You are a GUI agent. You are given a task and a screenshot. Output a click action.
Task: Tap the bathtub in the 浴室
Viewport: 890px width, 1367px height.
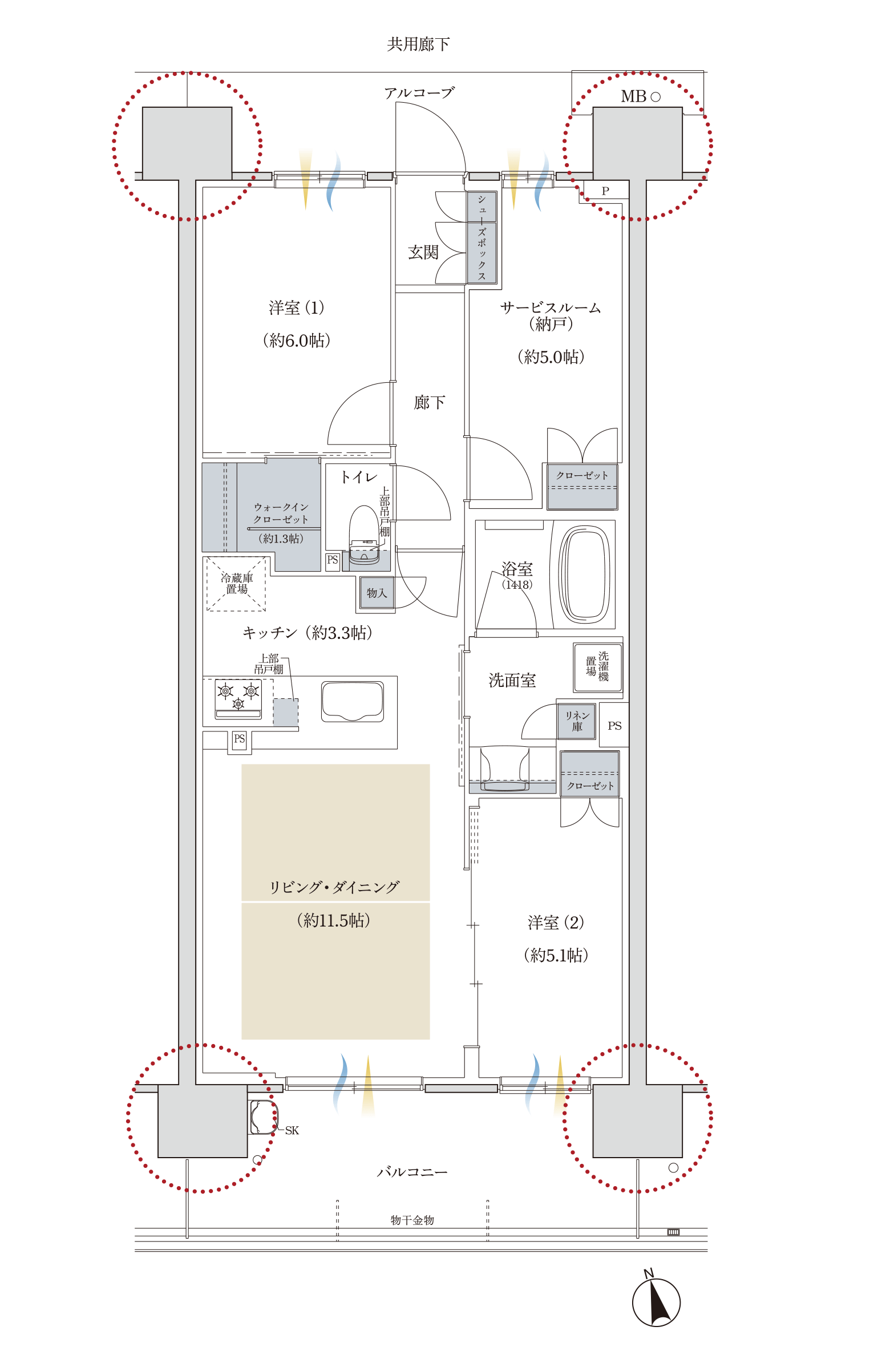pyautogui.click(x=584, y=575)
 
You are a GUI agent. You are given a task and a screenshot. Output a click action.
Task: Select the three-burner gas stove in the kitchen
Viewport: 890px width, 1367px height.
pyautogui.click(x=238, y=698)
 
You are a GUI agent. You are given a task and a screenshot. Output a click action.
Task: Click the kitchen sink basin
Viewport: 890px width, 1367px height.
pyautogui.click(x=352, y=701)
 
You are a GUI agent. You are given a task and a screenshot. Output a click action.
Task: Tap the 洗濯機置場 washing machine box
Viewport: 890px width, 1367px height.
pyautogui.click(x=597, y=667)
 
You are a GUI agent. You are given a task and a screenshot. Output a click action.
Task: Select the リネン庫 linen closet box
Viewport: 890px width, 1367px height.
pyautogui.click(x=576, y=721)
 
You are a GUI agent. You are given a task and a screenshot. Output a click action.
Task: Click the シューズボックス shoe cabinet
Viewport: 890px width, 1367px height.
pyautogui.click(x=481, y=237)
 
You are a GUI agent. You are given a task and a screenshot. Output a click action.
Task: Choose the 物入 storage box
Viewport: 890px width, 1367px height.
pyautogui.click(x=377, y=593)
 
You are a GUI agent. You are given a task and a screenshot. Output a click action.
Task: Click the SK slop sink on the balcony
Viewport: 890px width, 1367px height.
pyautogui.click(x=263, y=1117)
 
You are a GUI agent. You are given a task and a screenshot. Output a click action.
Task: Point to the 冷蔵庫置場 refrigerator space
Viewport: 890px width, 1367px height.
pyautogui.click(x=236, y=584)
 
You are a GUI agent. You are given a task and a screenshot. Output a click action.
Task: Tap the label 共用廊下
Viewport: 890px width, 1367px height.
pyautogui.click(x=418, y=45)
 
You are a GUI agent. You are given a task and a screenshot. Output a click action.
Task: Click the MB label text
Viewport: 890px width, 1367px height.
pyautogui.click(x=633, y=96)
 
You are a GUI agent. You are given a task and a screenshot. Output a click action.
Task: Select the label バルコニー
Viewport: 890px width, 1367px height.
pyautogui.click(x=412, y=1172)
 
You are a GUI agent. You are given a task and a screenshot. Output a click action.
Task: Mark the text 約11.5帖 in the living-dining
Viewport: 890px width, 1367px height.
pyautogui.click(x=334, y=920)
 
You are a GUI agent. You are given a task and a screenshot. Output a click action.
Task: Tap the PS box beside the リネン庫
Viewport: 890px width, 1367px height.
pyautogui.click(x=614, y=725)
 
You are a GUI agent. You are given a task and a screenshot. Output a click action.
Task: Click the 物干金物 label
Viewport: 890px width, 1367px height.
pyautogui.click(x=412, y=1220)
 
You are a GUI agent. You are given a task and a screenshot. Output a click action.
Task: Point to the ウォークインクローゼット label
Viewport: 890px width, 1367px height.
pyautogui.click(x=281, y=513)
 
